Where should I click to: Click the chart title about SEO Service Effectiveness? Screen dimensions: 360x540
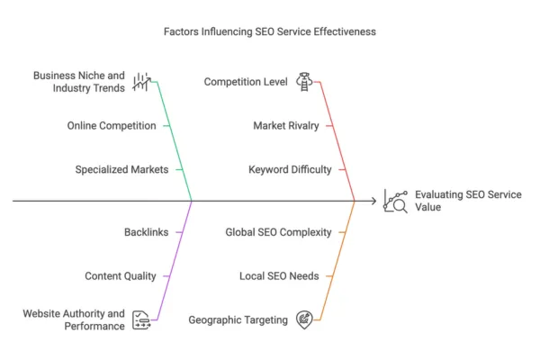(x=270, y=31)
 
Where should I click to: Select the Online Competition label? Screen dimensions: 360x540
(x=112, y=125)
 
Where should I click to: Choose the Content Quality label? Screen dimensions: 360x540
(x=121, y=276)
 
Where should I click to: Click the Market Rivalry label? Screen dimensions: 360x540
(x=286, y=125)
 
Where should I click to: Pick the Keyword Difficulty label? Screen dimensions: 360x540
(x=290, y=169)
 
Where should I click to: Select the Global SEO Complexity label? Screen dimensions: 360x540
(x=278, y=232)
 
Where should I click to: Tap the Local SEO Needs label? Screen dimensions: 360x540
(x=279, y=276)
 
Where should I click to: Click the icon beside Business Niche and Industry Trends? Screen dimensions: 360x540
(x=141, y=82)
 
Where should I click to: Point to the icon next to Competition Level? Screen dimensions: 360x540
(x=304, y=82)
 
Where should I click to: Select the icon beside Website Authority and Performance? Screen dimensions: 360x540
(x=141, y=319)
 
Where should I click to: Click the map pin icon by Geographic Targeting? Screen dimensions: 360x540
(x=304, y=319)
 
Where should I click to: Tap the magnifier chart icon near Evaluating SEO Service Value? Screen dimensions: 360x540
(x=395, y=201)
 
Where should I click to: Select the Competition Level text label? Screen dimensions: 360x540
(x=246, y=82)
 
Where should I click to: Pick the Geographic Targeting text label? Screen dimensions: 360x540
(x=238, y=319)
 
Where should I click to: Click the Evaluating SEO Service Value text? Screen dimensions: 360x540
(x=465, y=201)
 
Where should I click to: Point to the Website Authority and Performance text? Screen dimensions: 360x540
(x=75, y=319)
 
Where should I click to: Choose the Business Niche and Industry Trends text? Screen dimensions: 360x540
(x=79, y=82)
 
